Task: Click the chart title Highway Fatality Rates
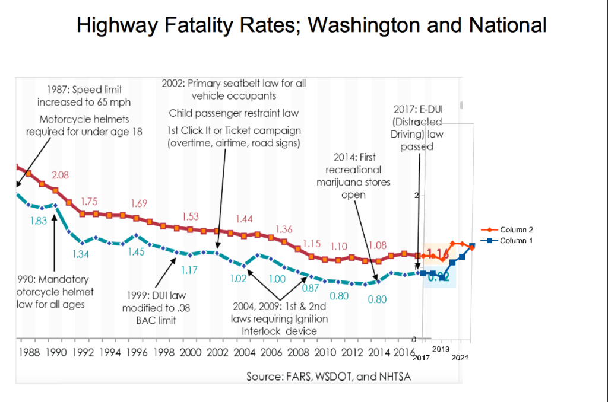312,25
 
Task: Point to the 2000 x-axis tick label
190,352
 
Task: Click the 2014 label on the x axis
379,352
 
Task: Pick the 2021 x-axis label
460,358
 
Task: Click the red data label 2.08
61,175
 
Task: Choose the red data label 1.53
190,216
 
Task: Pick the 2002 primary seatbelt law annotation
234,90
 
